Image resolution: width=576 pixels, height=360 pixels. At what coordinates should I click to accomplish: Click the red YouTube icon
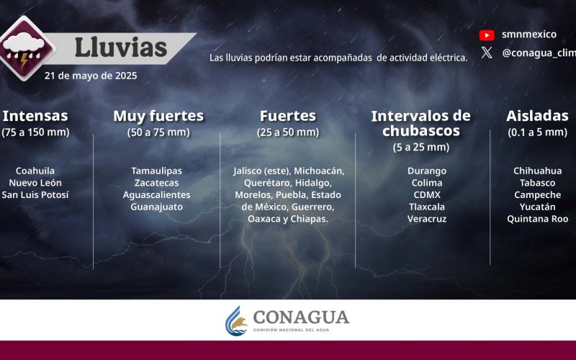487,35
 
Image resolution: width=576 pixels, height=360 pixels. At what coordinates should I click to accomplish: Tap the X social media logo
487,53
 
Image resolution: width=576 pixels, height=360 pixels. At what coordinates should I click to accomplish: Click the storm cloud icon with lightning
24,48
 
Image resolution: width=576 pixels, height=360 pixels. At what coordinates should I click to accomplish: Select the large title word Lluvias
121,48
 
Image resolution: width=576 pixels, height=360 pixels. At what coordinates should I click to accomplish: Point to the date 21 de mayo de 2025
91,76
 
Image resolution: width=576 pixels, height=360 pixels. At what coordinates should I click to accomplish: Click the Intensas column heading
35,116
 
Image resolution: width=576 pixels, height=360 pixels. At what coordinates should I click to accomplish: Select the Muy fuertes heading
158,116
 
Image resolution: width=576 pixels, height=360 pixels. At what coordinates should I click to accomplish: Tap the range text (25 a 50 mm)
288,132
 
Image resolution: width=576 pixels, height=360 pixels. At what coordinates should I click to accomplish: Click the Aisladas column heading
537,116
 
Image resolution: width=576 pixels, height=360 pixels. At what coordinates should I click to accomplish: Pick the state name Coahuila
35,171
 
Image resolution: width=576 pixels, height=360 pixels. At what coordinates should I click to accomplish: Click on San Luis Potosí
35,194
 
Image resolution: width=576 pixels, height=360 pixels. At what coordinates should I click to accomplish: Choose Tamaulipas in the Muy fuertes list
156,171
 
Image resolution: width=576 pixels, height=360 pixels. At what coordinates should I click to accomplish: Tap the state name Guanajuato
156,207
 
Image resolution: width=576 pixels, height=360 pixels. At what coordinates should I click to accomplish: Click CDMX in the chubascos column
427,194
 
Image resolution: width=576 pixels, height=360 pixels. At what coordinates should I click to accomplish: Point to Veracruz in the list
427,219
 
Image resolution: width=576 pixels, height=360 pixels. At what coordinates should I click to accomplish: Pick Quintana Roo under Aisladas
537,219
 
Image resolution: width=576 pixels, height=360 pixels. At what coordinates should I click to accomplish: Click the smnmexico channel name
529,35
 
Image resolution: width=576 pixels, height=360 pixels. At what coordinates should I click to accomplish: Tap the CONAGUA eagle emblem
236,320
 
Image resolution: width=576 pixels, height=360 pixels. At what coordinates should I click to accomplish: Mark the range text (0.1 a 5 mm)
537,132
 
